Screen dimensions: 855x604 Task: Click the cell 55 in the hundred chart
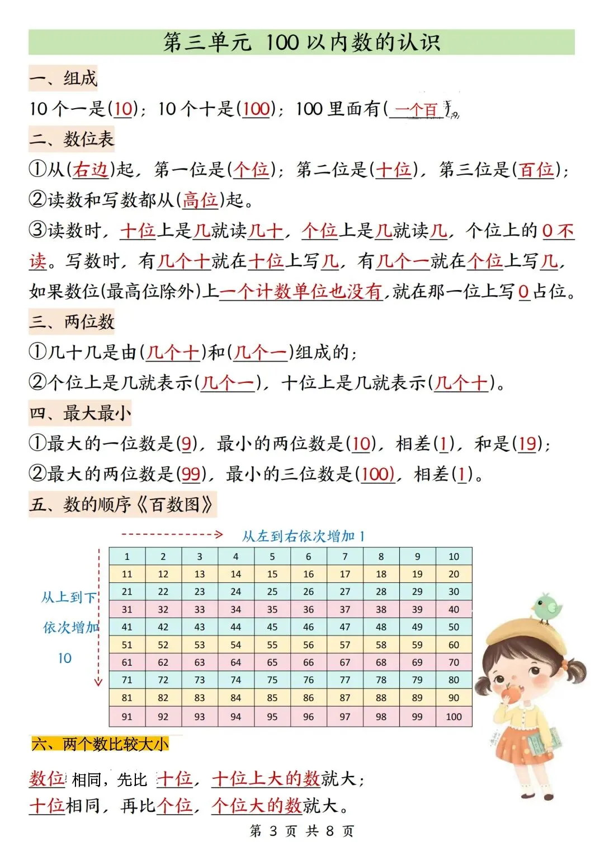coord(272,644)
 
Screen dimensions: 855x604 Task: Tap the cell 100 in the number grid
coord(454,716)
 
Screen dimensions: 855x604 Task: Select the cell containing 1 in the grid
coord(127,557)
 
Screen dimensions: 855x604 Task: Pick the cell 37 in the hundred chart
coord(345,609)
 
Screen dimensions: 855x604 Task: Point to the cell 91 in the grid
coord(127,716)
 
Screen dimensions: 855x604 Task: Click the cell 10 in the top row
coord(454,557)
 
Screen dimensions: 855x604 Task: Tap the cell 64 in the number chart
coord(236,662)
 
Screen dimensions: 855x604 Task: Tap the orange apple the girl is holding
coord(511,694)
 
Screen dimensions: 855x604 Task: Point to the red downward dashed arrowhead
coord(98,681)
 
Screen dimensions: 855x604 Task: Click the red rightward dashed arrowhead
coord(219,535)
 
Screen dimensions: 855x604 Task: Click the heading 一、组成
coord(63,78)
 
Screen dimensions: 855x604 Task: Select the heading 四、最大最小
coord(80,413)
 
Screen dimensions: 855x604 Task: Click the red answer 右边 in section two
coord(90,169)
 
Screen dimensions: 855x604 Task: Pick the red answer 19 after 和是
coord(527,443)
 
